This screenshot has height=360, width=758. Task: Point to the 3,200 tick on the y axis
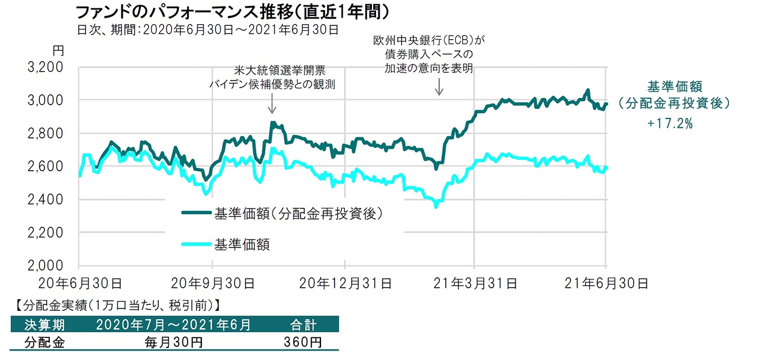point(46,67)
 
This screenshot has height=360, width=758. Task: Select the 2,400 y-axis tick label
point(46,200)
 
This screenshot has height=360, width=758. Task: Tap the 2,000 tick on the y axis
point(46,266)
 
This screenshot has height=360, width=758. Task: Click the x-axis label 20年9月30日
point(213,283)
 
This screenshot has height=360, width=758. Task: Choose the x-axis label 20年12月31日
point(345,283)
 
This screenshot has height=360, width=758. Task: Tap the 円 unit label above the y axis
point(57,51)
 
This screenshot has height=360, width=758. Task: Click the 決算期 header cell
point(44,324)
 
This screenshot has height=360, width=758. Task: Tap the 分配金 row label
point(44,342)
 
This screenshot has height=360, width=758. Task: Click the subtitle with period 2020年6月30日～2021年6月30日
point(207,29)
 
